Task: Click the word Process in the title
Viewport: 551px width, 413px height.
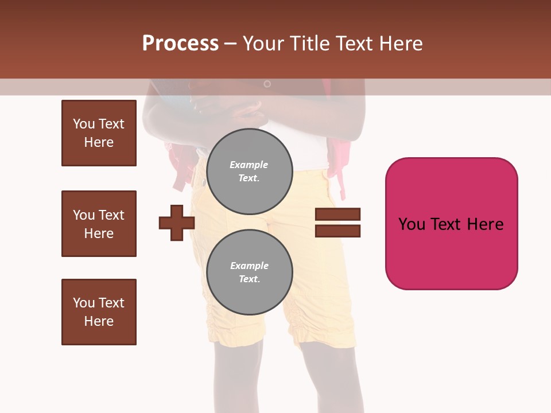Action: pyautogui.click(x=180, y=44)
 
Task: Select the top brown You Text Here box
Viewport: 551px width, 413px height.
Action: pyautogui.click(x=99, y=133)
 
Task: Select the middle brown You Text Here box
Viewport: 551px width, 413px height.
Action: pyautogui.click(x=99, y=224)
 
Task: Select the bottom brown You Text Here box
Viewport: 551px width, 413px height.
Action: pyautogui.click(x=99, y=312)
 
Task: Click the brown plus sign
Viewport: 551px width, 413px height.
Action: pyautogui.click(x=177, y=223)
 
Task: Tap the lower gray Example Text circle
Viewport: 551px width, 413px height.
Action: pyautogui.click(x=249, y=272)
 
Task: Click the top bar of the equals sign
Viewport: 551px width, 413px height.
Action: pyautogui.click(x=337, y=215)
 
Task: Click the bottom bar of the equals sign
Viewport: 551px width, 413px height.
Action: pyautogui.click(x=337, y=231)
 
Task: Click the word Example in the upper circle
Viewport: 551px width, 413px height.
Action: pyautogui.click(x=249, y=165)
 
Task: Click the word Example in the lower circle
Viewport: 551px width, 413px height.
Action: pyautogui.click(x=249, y=266)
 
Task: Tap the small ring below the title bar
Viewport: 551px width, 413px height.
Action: pyautogui.click(x=267, y=84)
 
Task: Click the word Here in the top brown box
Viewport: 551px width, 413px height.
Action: pyautogui.click(x=99, y=142)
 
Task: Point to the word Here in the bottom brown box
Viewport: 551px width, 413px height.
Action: pyautogui.click(x=99, y=321)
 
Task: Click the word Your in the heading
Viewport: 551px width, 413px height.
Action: pyautogui.click(x=263, y=44)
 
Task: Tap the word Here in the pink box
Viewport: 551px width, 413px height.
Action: pyautogui.click(x=485, y=224)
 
